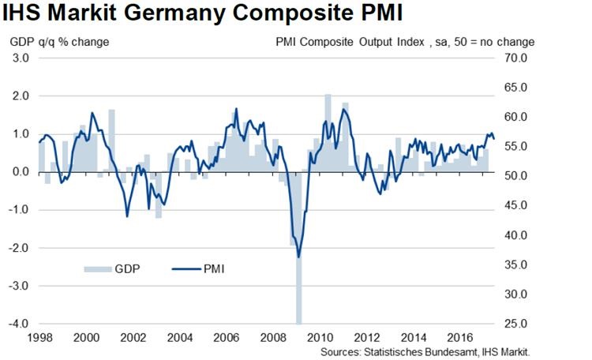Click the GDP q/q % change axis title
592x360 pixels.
(x=61, y=42)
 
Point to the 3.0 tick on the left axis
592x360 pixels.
(x=21, y=58)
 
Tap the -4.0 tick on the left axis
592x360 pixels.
(x=19, y=324)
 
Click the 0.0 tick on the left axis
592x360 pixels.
(x=21, y=172)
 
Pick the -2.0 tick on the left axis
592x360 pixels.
(x=19, y=248)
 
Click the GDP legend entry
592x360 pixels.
(x=118, y=268)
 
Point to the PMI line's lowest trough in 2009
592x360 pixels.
(x=298, y=257)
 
